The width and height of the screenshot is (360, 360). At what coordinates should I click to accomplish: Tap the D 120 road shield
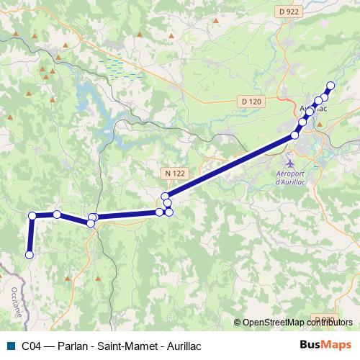[x=251, y=102]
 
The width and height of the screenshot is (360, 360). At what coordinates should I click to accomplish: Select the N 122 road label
[x=174, y=174]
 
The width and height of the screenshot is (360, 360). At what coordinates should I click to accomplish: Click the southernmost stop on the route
[x=30, y=254]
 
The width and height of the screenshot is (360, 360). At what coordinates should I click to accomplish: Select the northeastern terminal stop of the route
[x=330, y=86]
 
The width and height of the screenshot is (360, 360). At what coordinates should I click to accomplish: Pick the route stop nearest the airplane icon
[x=295, y=135]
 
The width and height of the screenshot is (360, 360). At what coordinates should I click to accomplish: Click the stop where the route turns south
[x=32, y=215]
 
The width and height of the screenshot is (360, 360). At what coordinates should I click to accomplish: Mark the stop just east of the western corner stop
[x=57, y=214]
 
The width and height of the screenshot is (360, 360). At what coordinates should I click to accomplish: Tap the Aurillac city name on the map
[x=313, y=109]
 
